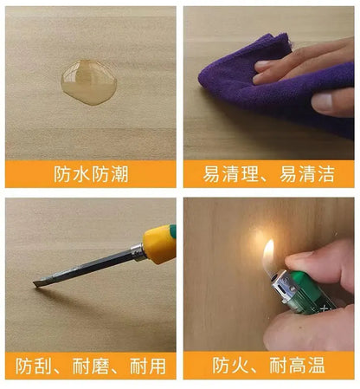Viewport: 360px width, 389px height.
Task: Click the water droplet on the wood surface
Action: coord(89,82)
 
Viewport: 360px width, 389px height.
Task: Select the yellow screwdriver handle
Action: coord(159,244)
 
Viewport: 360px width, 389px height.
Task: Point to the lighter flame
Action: coord(268,255)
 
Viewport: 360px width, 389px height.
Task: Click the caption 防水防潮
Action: coord(91,174)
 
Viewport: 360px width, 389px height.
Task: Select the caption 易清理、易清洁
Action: coord(268,174)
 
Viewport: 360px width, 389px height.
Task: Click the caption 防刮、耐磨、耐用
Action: coord(91,366)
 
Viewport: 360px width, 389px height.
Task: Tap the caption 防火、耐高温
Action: coord(268,366)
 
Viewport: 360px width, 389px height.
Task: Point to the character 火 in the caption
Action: coord(241,366)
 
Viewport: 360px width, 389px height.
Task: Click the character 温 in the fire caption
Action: coord(317,366)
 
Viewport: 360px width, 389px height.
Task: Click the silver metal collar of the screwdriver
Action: coord(138,253)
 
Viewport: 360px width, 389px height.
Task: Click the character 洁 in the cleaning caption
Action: coord(326,174)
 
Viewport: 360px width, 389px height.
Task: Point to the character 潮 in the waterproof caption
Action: coord(119,174)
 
